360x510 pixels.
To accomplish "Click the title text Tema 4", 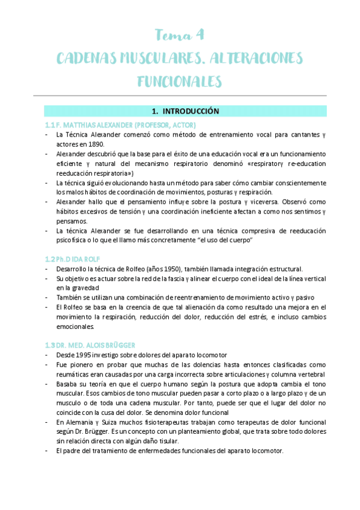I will (180, 34).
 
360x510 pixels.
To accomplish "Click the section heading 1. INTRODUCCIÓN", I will (186, 111).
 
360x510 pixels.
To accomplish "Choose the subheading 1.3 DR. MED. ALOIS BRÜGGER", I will (90, 345).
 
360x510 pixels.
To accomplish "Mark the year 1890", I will (96, 144).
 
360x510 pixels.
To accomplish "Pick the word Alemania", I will (78, 422).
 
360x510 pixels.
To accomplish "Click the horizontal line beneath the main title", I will (180, 96).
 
